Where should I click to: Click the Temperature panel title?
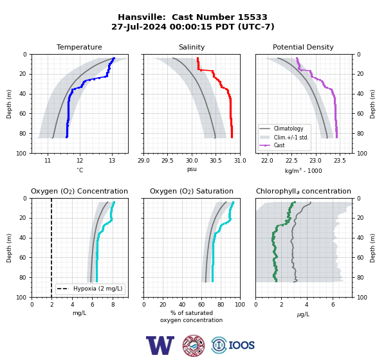[x=79, y=47]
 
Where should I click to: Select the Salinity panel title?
[x=192, y=47]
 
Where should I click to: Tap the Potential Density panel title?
[x=303, y=47]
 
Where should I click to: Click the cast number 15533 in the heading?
[x=252, y=17]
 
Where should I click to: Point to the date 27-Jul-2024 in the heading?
[x=139, y=26]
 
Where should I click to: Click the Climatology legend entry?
[x=288, y=129]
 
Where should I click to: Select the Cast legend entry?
[x=279, y=145]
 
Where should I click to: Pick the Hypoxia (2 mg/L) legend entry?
[x=98, y=289]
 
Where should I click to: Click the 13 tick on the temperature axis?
[x=112, y=161]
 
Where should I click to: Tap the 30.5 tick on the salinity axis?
[x=216, y=161]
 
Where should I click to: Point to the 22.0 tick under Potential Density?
[x=267, y=161]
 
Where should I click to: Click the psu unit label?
[x=192, y=169]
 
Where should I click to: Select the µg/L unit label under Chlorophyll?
[x=303, y=314]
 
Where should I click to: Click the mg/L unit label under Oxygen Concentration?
[x=79, y=313]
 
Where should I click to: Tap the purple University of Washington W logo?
[x=160, y=345]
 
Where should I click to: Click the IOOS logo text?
[x=241, y=345]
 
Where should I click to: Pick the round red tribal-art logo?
[x=194, y=345]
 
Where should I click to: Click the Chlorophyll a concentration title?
[x=303, y=191]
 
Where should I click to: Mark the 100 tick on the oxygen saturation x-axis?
[x=240, y=305]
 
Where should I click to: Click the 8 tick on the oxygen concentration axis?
[x=113, y=305]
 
